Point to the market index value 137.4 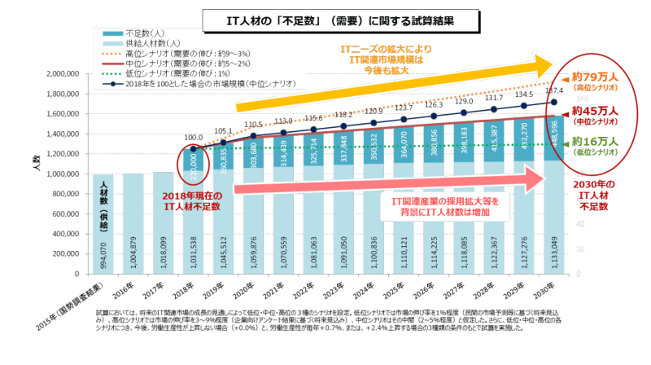click(554, 90)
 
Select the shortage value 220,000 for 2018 click(194, 162)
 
